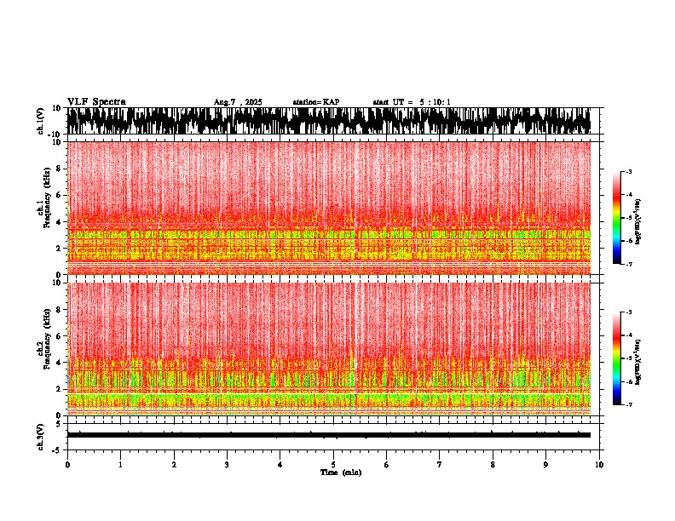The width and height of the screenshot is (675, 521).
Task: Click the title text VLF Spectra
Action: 96,102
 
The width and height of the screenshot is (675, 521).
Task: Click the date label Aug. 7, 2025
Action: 238,102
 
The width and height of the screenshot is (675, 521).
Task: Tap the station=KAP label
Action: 316,102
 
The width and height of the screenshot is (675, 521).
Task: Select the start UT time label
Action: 412,102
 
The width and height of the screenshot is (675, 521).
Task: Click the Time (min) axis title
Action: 340,472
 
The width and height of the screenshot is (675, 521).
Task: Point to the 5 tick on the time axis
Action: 333,465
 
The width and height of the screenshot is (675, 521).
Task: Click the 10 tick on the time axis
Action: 599,465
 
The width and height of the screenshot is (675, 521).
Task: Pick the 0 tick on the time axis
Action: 67,465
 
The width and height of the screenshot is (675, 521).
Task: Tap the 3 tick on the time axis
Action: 227,465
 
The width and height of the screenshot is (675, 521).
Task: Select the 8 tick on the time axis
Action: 493,465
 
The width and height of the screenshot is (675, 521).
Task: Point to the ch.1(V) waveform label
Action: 41,121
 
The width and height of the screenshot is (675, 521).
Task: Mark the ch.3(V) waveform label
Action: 41,434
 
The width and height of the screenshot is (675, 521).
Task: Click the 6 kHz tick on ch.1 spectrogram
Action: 57,195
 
